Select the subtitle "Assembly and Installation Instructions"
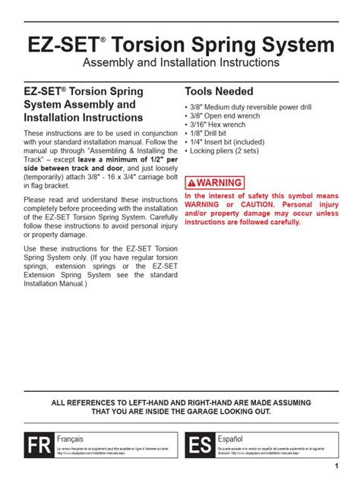point(180,62)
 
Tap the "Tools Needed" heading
point(219,91)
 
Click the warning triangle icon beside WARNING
point(192,183)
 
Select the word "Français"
point(71,439)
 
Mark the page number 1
point(336,466)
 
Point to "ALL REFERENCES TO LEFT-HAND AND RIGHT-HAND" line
point(180,400)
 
